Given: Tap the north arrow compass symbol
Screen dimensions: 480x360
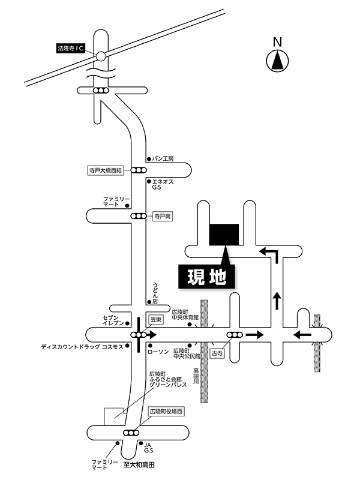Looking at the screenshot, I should click(277, 61).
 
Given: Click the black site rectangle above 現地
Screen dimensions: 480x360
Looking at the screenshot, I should click(224, 234).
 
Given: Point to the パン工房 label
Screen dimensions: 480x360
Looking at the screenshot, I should click(163, 159).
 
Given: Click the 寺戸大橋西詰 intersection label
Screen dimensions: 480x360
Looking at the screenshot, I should click(106, 170).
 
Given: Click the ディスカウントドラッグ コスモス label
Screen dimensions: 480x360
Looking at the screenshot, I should click(82, 347).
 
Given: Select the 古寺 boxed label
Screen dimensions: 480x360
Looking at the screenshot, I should click(217, 354).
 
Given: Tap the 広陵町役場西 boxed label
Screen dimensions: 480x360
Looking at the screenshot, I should click(166, 412).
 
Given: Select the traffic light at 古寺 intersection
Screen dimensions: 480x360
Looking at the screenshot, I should click(234, 335).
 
